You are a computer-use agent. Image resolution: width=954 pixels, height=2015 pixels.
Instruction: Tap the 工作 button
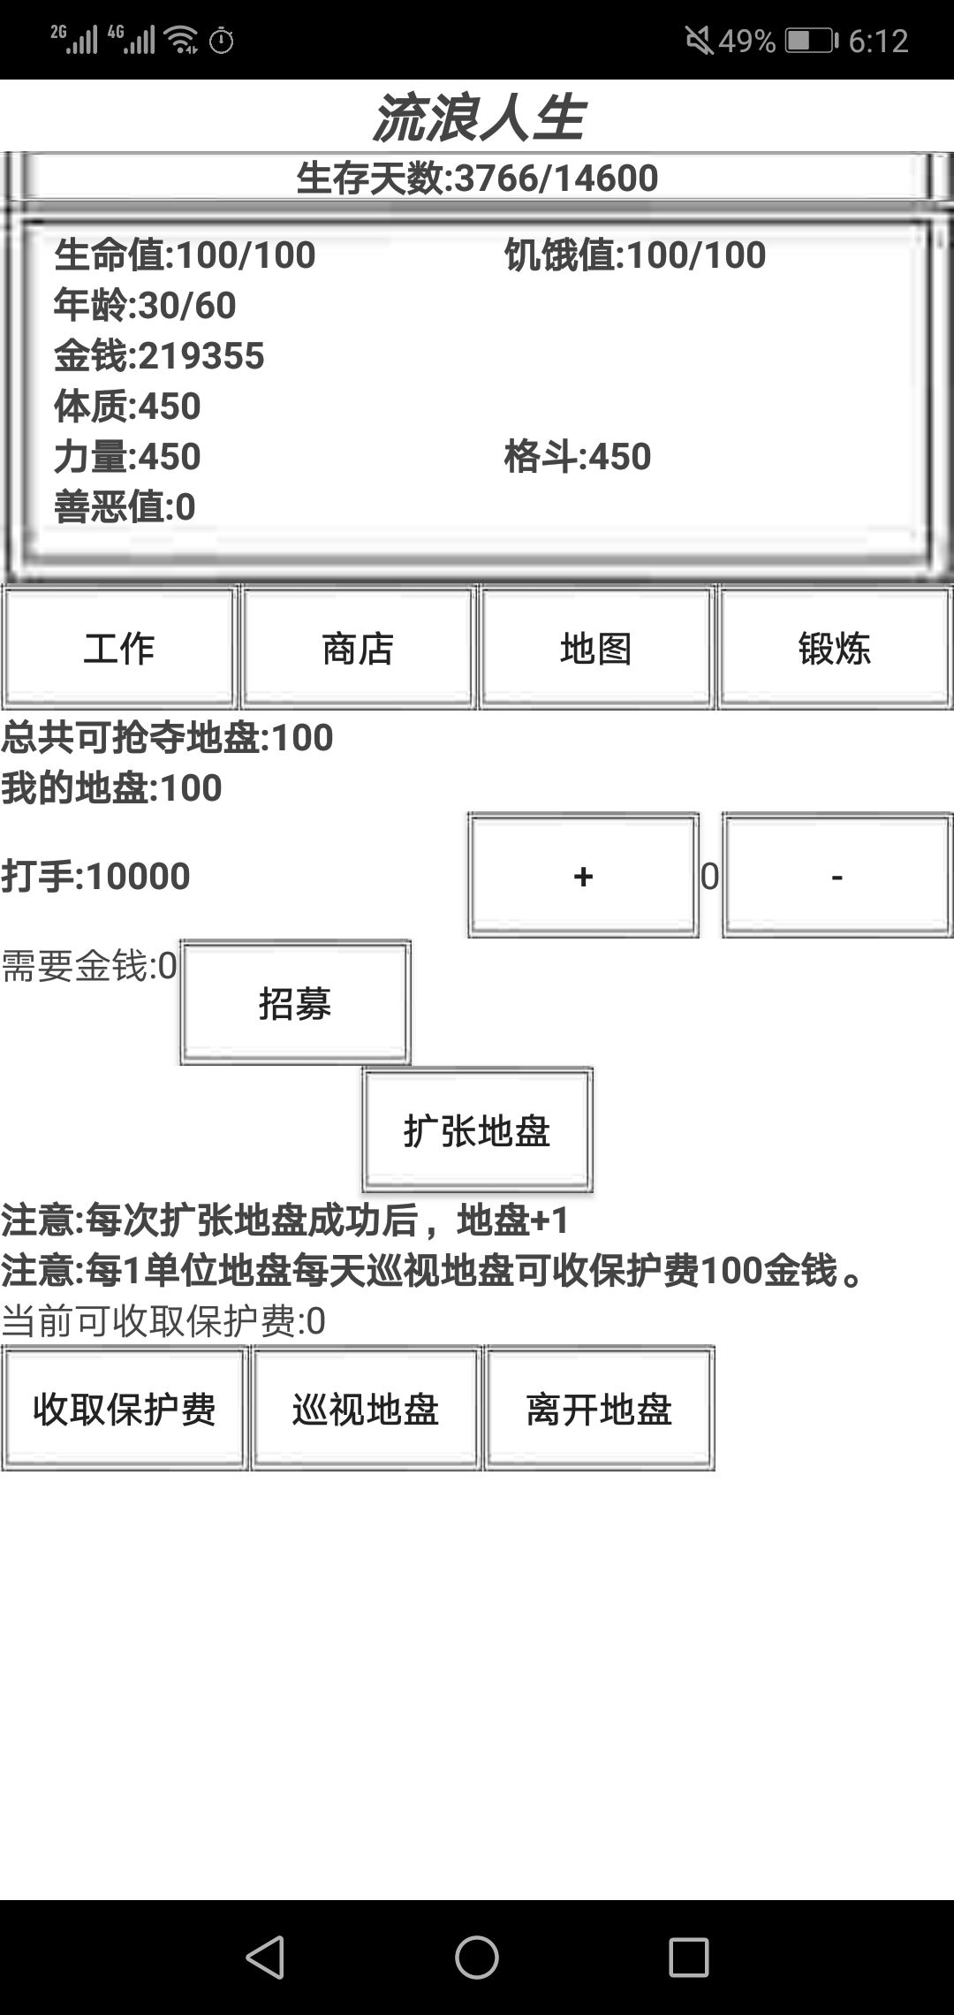(x=119, y=648)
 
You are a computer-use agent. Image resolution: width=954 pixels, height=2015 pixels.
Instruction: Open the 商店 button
(x=358, y=648)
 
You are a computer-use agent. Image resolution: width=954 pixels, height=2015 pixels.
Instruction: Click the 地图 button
(x=596, y=648)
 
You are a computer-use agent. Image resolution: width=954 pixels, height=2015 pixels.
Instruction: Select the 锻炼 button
(x=835, y=648)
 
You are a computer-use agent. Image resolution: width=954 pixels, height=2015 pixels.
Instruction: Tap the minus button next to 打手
(x=837, y=875)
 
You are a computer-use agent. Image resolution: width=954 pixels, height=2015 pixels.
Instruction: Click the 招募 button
(x=295, y=1002)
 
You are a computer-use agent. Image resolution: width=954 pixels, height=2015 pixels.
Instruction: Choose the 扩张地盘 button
(x=477, y=1129)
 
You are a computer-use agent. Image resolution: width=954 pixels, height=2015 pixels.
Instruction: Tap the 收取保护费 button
(x=125, y=1409)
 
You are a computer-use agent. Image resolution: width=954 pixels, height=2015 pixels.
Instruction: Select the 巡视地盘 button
(x=366, y=1409)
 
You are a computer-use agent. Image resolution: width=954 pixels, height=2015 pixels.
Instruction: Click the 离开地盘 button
(x=599, y=1409)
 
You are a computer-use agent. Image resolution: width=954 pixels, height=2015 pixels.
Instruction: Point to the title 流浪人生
(x=478, y=118)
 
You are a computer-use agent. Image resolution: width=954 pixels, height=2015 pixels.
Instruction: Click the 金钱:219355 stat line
(x=159, y=355)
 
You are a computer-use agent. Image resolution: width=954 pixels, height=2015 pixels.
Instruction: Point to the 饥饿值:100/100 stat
(x=635, y=255)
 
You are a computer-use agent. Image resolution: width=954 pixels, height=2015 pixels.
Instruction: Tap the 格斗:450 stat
(x=578, y=456)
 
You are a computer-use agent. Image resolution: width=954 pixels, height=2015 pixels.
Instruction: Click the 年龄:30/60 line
(x=145, y=305)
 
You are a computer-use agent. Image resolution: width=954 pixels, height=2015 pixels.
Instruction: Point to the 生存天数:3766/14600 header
(x=477, y=178)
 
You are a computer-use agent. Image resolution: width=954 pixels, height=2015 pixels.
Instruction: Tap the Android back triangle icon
(x=265, y=1957)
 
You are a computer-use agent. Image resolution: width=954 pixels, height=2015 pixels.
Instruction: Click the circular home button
(x=477, y=1957)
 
